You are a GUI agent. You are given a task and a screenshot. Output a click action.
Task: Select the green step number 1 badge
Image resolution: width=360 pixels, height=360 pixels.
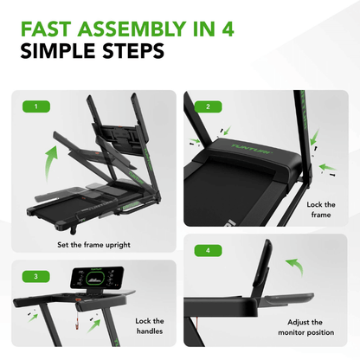[x=35, y=107]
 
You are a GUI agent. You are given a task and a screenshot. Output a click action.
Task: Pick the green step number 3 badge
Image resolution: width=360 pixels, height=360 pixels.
[x=35, y=277]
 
